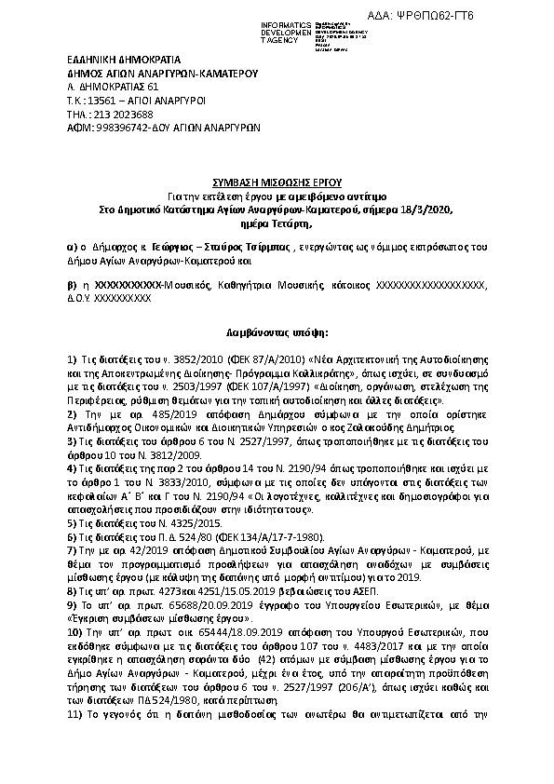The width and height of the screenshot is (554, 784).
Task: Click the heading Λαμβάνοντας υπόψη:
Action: pos(276,331)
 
